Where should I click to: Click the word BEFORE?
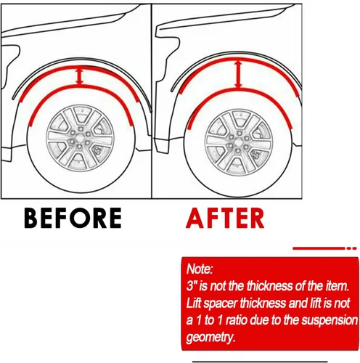point(73,218)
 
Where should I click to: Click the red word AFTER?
point(225,219)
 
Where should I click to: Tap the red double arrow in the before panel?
point(80,77)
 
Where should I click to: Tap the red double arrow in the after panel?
point(239,74)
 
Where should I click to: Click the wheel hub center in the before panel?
point(80,138)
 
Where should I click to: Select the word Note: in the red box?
point(200,269)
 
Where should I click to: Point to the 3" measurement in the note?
point(191,286)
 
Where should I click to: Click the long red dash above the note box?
point(319,248)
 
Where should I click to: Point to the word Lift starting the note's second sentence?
point(194,303)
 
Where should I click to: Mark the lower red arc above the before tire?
point(81,87)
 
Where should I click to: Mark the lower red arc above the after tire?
point(240,90)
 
